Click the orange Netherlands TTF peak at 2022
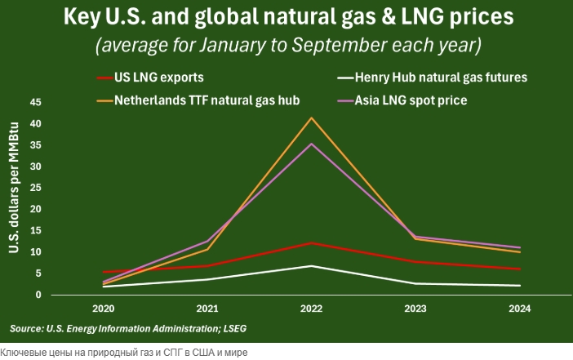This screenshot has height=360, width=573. (x=311, y=118)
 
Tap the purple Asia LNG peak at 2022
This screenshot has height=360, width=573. (x=311, y=144)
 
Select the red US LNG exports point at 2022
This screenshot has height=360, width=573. (x=311, y=243)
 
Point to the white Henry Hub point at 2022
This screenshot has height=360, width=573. (x=311, y=266)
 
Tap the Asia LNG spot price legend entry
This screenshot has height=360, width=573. (x=421, y=100)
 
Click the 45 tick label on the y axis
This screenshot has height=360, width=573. (x=35, y=103)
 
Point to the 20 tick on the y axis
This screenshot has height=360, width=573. (x=35, y=209)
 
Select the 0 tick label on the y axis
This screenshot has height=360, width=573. (x=38, y=295)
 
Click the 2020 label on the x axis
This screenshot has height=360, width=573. (x=103, y=309)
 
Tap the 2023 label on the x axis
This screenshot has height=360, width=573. (x=415, y=309)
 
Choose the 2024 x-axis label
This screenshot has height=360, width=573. (x=519, y=309)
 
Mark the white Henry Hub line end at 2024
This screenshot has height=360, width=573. (x=520, y=285)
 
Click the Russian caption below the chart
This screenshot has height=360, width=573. (x=123, y=352)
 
